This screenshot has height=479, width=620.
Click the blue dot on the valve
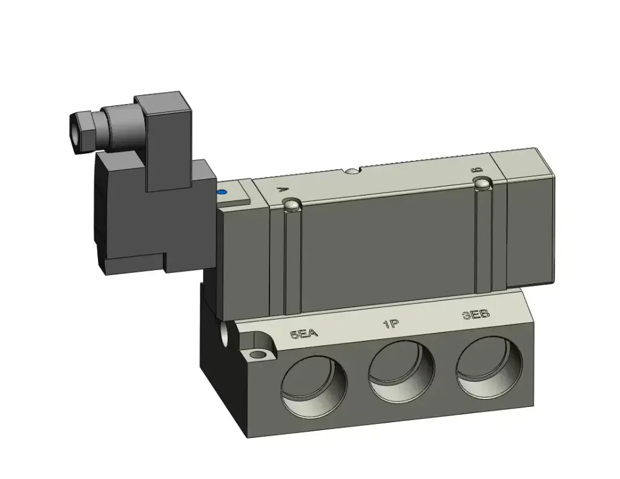(222, 193)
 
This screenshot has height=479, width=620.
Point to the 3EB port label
(475, 315)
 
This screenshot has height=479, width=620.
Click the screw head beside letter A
(292, 206)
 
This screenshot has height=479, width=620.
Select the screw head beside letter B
(482, 183)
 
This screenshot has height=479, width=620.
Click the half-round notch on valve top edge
(352, 172)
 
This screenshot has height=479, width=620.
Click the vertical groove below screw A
(293, 260)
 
